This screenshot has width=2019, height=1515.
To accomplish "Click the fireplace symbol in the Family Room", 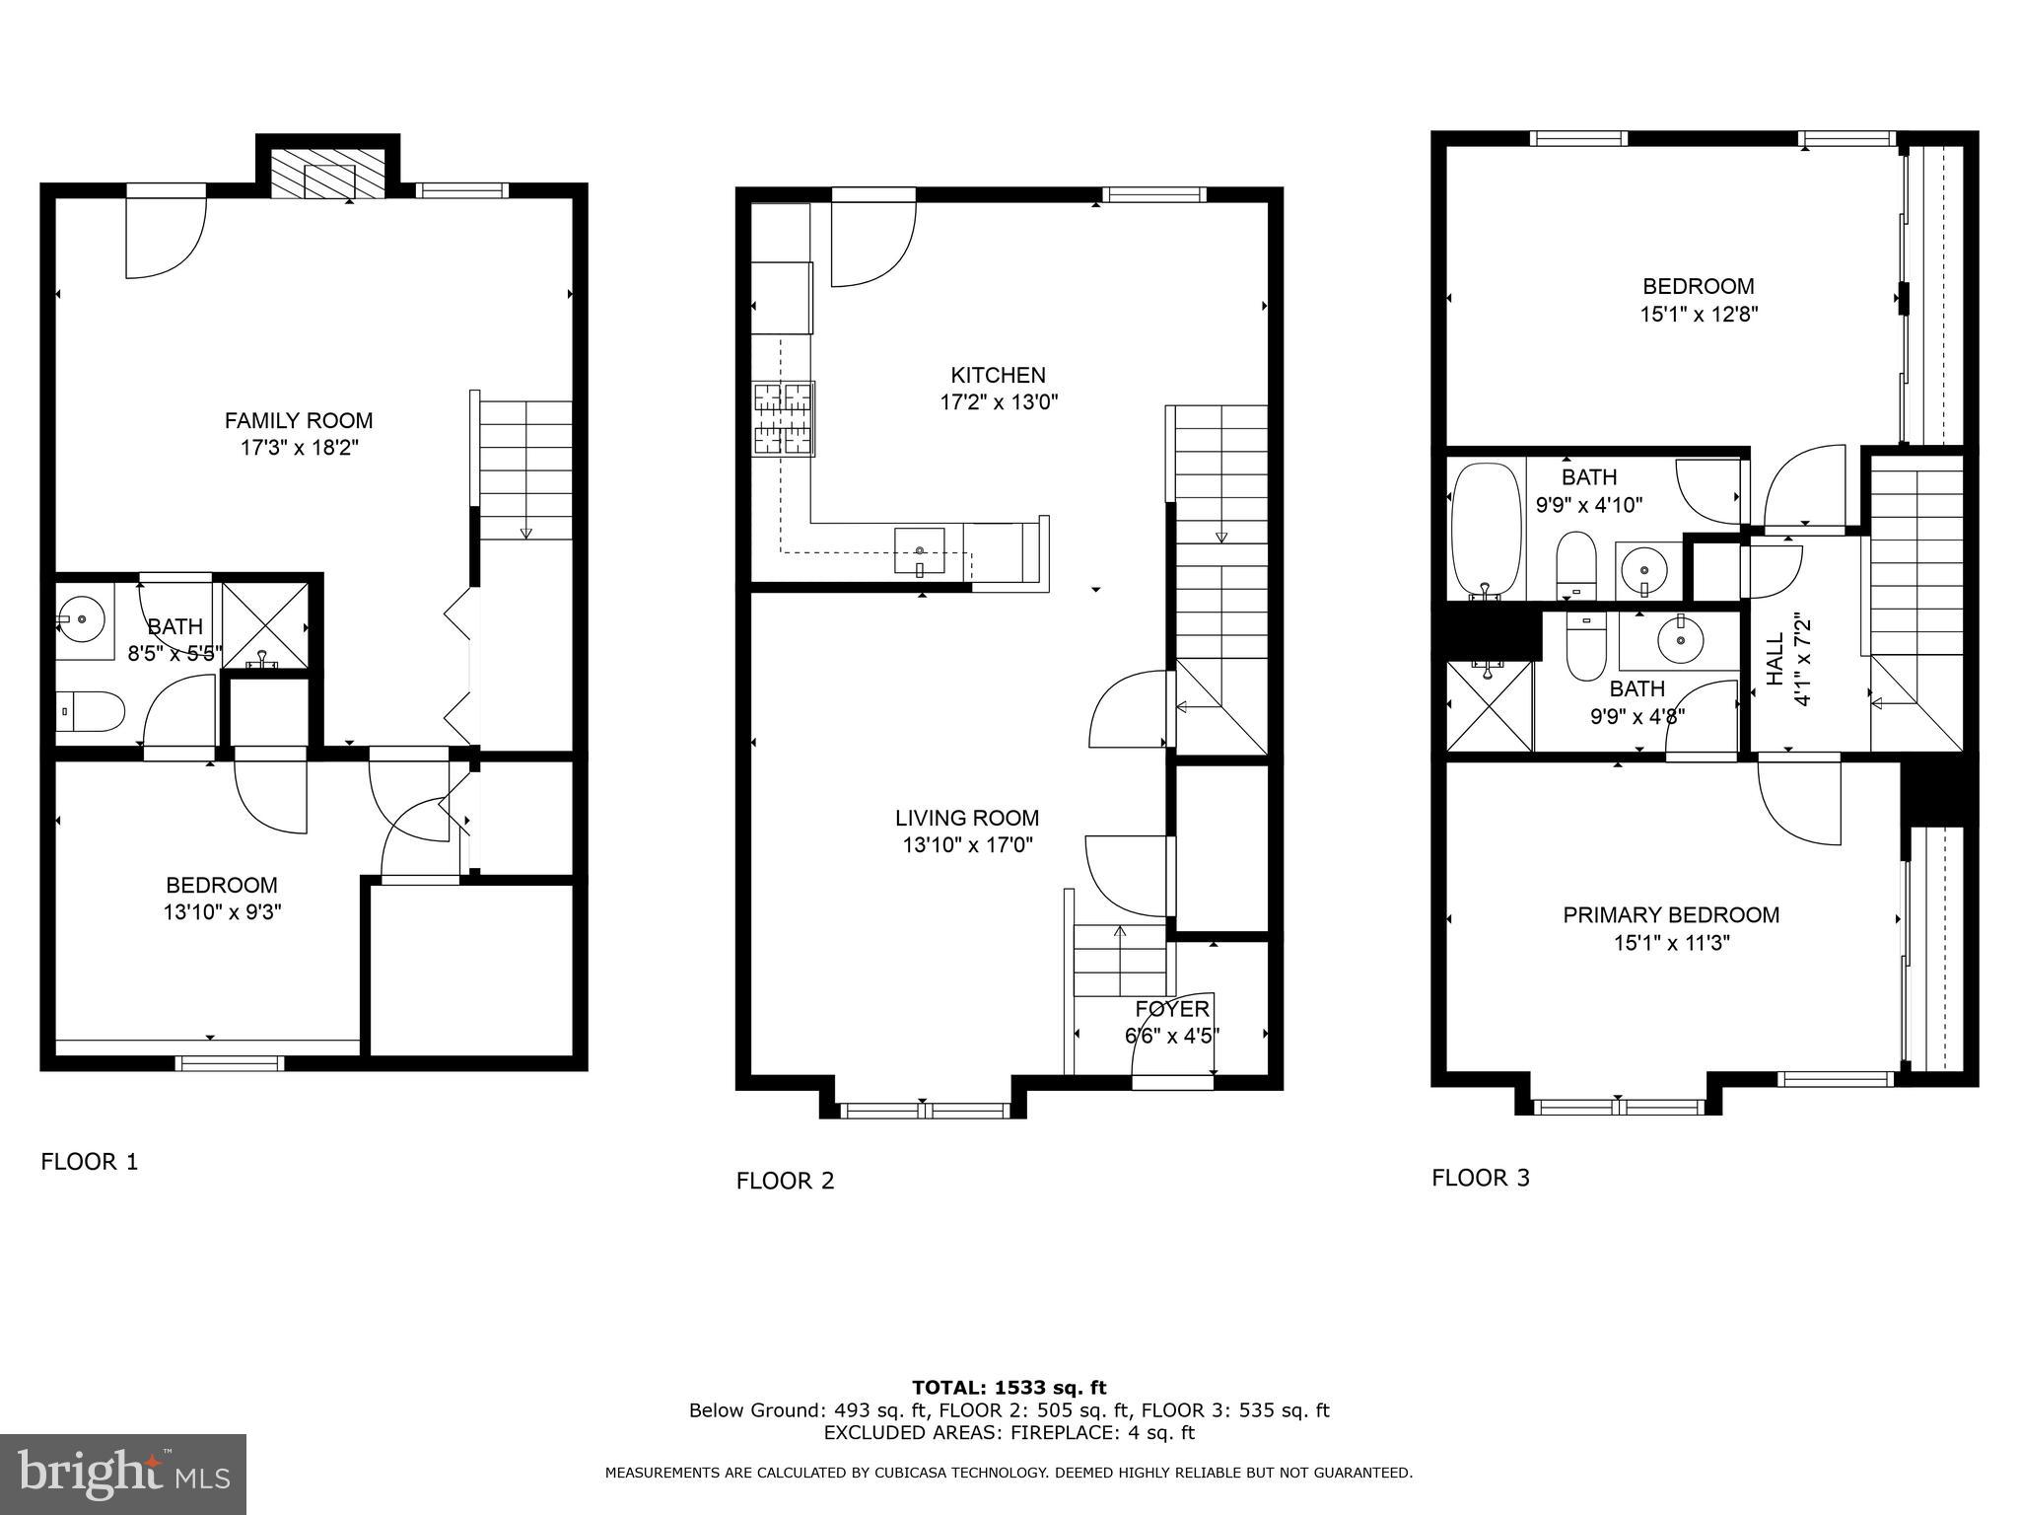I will pyautogui.click(x=327, y=175).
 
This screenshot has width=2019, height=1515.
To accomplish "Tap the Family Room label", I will pyautogui.click(x=299, y=421).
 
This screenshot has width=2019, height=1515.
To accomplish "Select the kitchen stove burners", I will pyautogui.click(x=784, y=419).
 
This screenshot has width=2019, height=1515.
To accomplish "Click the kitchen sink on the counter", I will pyautogui.click(x=919, y=550).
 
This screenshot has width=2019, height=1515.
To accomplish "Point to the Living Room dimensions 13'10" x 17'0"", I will pyautogui.click(x=967, y=845).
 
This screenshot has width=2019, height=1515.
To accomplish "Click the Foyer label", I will pyautogui.click(x=1171, y=1009).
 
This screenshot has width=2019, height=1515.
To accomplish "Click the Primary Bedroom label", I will pyautogui.click(x=1671, y=915).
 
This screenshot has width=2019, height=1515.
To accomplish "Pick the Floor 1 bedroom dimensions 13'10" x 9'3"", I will pyautogui.click(x=223, y=912).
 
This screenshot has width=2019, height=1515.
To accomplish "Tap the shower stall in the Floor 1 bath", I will pyautogui.click(x=264, y=623).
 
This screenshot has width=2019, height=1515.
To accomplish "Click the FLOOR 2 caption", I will pyautogui.click(x=785, y=1181).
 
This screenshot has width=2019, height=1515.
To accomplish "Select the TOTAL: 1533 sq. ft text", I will pyautogui.click(x=1009, y=1388).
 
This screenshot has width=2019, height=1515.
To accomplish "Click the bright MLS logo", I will pyautogui.click(x=123, y=1475).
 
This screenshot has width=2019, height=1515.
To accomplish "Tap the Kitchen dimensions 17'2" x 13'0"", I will pyautogui.click(x=998, y=402).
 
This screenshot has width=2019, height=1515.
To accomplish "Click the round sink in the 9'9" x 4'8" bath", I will pyautogui.click(x=1680, y=642).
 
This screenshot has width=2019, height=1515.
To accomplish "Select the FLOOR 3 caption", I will pyautogui.click(x=1480, y=1178).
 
